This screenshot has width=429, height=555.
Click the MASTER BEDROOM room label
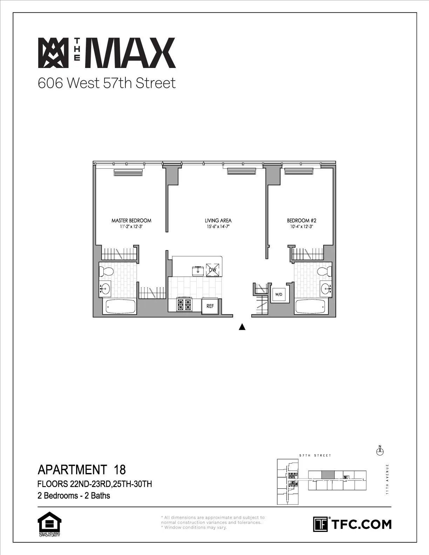coord(131,220)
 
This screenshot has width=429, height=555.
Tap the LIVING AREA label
coord(218,220)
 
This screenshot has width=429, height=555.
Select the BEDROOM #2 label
coord(301,220)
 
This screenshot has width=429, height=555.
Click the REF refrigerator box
coord(210,306)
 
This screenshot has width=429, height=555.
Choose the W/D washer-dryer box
coord(279,295)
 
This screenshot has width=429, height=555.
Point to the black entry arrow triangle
coord(241,327)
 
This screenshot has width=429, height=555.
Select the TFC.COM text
coord(361,524)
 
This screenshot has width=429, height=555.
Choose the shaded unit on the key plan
coord(328,475)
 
